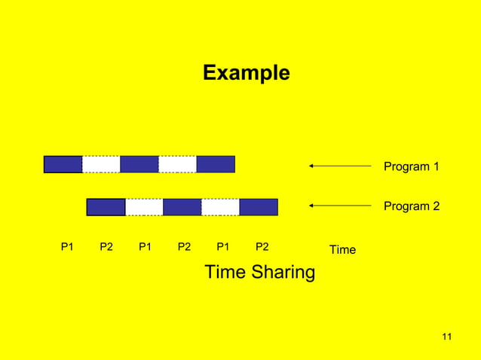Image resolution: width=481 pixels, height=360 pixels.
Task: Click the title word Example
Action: [x=246, y=74]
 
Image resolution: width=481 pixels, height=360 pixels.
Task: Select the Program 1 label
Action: [x=411, y=166]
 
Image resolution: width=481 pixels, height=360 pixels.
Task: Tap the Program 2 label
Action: [x=411, y=206]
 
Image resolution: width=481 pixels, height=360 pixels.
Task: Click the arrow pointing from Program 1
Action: [x=340, y=166]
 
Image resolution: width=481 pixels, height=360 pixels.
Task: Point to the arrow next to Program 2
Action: [x=340, y=205]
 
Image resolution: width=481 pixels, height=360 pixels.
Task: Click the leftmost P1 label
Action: [x=68, y=246]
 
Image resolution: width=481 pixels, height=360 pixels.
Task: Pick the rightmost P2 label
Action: [x=262, y=246]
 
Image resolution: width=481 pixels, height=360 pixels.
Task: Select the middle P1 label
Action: [x=146, y=246]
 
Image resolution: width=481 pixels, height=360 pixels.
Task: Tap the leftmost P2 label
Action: [x=106, y=246]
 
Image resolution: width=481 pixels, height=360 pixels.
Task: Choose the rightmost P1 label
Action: [x=223, y=246]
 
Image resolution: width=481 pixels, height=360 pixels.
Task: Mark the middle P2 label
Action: [x=184, y=246]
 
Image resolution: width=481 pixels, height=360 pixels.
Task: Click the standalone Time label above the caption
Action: [x=342, y=249]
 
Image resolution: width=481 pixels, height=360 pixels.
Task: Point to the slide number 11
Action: [x=446, y=336]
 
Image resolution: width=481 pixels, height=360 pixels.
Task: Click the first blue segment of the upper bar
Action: [x=63, y=164]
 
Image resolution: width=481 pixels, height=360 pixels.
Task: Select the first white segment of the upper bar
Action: [x=101, y=164]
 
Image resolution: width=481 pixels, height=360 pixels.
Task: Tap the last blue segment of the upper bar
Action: [x=216, y=164]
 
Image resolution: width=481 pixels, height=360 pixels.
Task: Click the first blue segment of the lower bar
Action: [x=106, y=207]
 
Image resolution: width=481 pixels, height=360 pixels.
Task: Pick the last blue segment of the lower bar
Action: [x=259, y=207]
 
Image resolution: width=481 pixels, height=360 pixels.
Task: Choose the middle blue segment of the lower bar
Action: [x=182, y=207]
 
